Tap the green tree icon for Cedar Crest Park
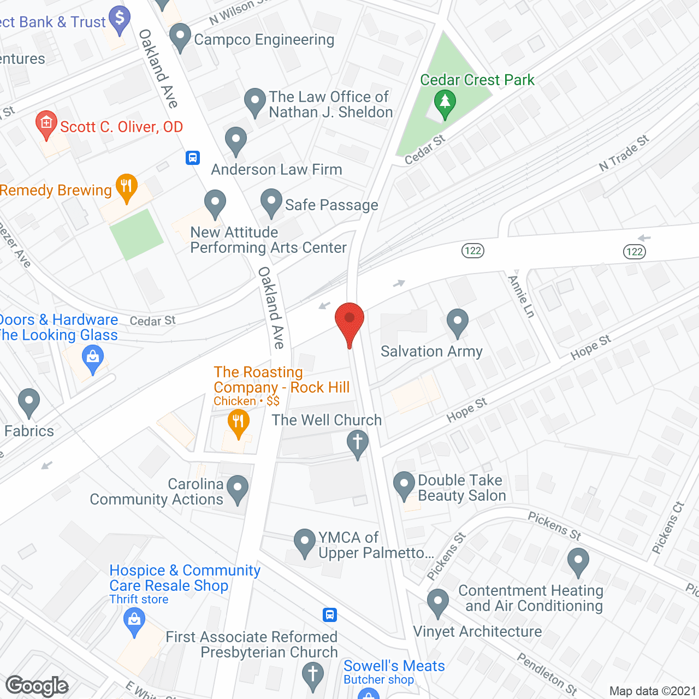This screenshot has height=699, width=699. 445,103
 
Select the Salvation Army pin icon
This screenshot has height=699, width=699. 457,323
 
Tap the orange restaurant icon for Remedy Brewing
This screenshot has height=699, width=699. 126,187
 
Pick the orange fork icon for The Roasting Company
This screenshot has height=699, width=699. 238,423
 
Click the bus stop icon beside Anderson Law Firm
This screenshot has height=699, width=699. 192,158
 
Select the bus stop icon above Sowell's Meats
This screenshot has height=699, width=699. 329,615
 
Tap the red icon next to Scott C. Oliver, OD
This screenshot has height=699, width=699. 46,125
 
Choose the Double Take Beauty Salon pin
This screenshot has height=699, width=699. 404,485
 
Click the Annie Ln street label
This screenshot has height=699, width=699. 521,297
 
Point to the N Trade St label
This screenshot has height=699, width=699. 624,153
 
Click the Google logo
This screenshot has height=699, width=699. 37,686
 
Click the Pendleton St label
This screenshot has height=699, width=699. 547,674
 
